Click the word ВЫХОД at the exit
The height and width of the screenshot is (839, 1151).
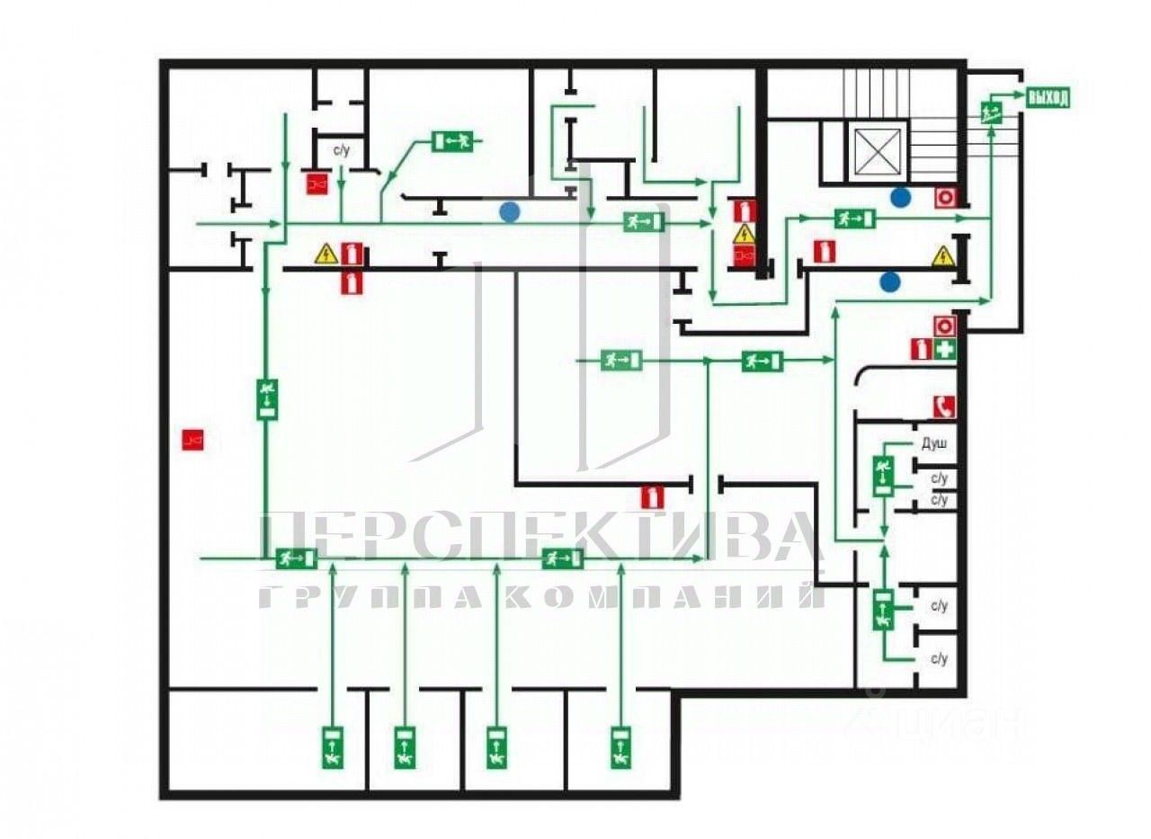tap(1048, 98)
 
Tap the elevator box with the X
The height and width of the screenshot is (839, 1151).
tap(877, 150)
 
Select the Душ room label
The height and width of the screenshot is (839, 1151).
tap(934, 443)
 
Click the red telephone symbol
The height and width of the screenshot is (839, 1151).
tap(943, 406)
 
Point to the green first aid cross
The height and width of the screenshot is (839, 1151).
tap(943, 350)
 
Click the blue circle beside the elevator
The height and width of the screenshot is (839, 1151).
tap(900, 196)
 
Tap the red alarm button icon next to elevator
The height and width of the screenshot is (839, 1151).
tap(944, 196)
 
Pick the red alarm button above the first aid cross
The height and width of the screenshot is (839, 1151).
tap(943, 325)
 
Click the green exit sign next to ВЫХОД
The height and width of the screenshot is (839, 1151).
tap(993, 112)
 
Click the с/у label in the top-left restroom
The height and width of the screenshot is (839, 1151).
tap(342, 150)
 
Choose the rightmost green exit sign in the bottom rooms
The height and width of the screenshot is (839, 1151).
tap(620, 746)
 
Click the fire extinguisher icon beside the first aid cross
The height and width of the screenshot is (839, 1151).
tap(921, 350)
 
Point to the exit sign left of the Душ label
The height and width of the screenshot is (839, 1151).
tap(883, 475)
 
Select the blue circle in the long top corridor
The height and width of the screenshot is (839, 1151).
tap(510, 212)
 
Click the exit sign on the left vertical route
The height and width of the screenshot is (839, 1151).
tap(267, 398)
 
